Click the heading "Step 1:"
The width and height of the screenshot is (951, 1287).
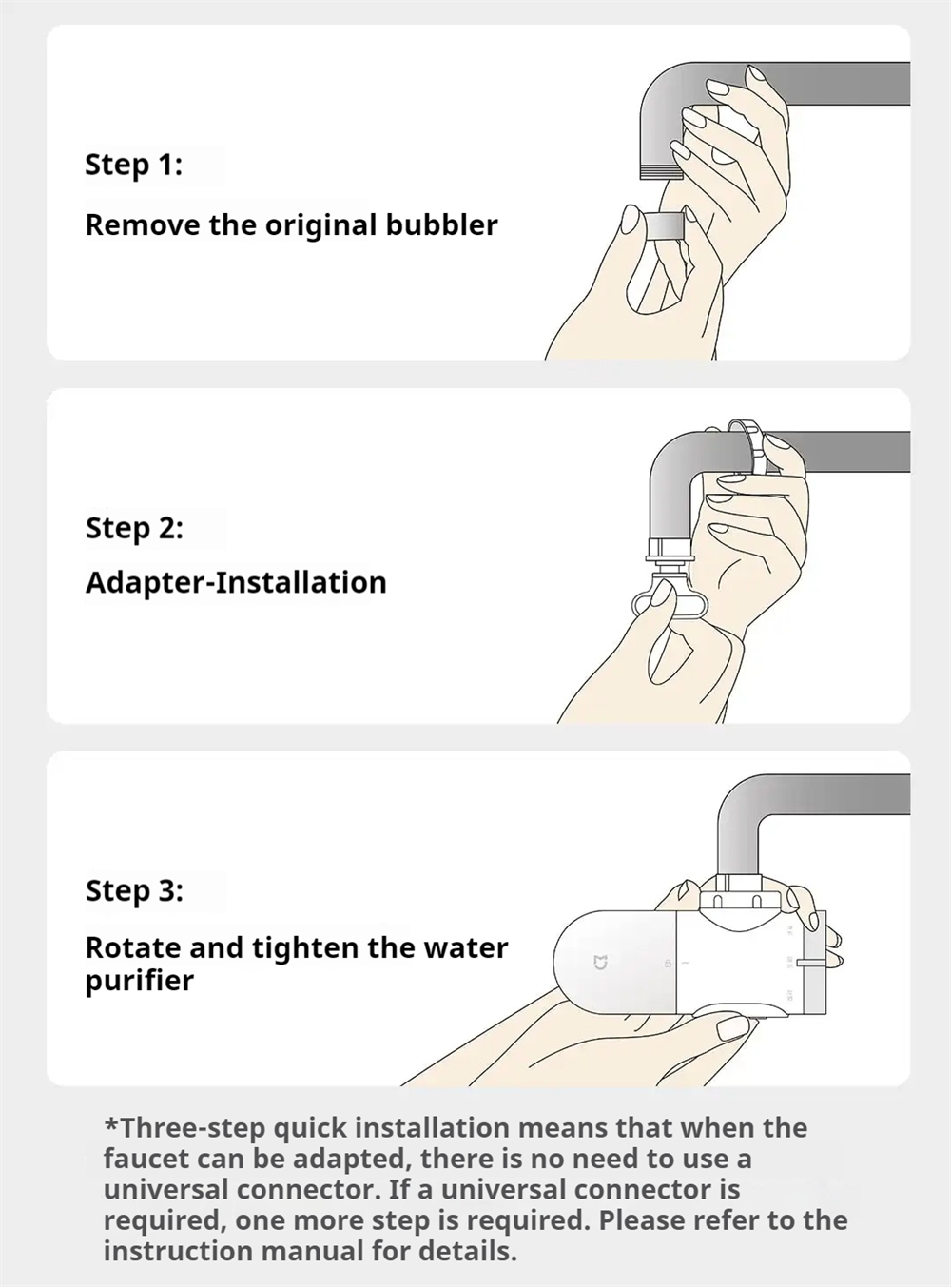coord(134,165)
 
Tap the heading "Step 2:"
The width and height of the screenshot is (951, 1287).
coord(134,529)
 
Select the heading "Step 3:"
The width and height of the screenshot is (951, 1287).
coord(134,890)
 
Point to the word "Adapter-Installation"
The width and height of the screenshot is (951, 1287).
coord(236,582)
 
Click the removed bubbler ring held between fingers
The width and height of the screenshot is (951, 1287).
coord(665,226)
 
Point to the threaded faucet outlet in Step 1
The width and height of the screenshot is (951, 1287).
coord(662,172)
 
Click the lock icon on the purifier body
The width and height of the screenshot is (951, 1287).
coord(668,964)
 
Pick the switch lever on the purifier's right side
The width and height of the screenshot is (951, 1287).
coord(812,963)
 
